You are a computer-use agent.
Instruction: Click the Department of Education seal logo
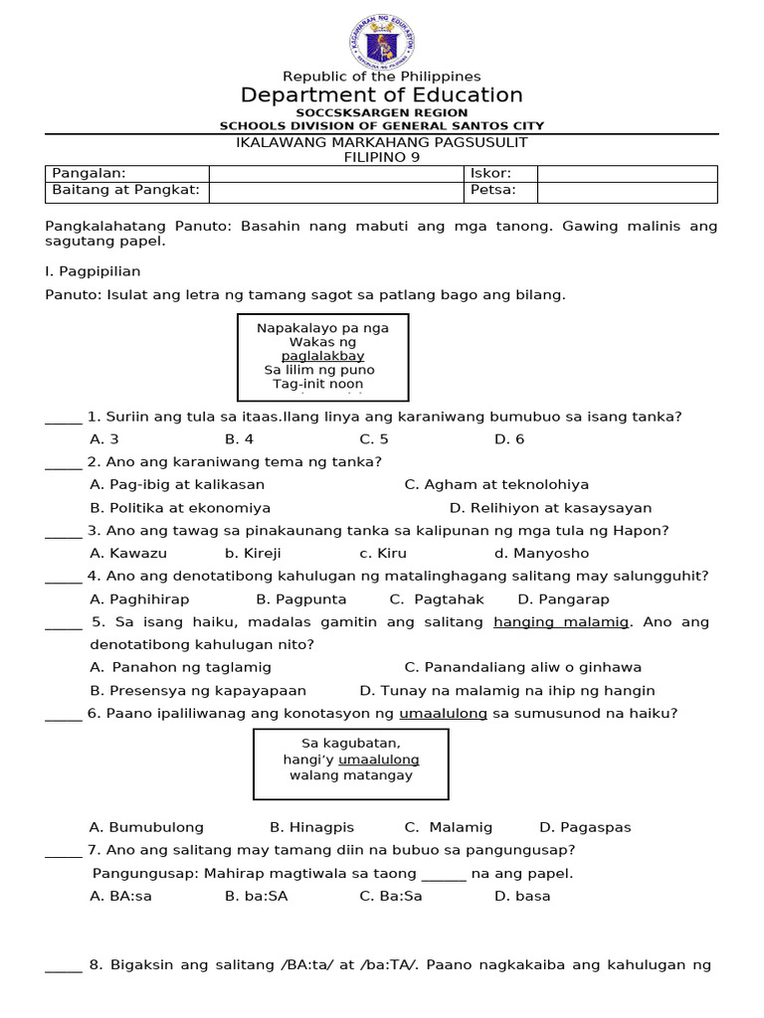click(x=382, y=39)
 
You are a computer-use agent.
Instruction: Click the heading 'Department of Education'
click(x=382, y=95)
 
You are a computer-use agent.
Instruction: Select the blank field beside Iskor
click(x=627, y=174)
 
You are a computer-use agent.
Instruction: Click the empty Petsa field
click(x=627, y=191)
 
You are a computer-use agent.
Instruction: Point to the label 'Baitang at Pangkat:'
click(x=125, y=191)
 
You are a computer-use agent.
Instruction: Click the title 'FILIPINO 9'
click(x=382, y=157)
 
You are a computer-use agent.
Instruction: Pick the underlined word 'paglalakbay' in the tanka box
click(x=322, y=356)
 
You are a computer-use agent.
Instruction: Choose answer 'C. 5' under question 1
click(x=374, y=439)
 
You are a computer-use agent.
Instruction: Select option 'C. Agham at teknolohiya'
click(x=496, y=485)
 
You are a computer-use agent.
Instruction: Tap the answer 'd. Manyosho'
click(x=541, y=554)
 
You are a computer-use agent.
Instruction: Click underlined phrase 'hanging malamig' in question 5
click(x=562, y=622)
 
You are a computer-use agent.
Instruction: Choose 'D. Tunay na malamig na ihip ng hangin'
click(x=507, y=691)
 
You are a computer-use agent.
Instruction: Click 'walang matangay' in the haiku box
click(x=351, y=776)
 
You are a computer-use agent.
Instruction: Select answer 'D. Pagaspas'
click(x=585, y=828)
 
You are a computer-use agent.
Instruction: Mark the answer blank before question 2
click(x=64, y=463)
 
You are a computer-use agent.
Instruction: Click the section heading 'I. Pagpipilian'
click(x=94, y=271)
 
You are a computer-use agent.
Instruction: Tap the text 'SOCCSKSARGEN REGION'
click(x=382, y=114)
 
